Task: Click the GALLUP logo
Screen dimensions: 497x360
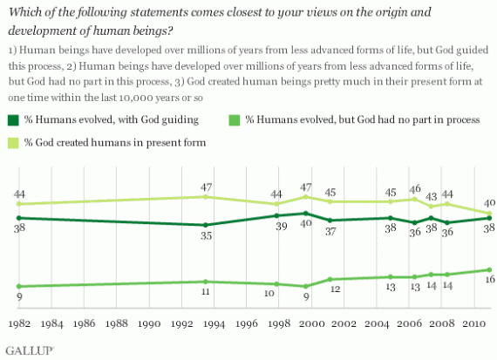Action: (x=30, y=350)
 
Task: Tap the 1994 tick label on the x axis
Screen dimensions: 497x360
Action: (x=214, y=323)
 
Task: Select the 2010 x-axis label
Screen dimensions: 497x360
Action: (x=473, y=323)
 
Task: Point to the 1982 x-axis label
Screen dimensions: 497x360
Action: (x=19, y=323)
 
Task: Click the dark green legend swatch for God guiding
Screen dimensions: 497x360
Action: (x=13, y=120)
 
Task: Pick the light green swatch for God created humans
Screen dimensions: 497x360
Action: (x=13, y=143)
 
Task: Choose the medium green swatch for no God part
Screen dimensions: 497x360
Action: (x=235, y=120)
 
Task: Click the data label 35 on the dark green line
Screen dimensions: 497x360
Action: (x=206, y=235)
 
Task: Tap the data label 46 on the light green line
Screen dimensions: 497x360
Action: (x=415, y=189)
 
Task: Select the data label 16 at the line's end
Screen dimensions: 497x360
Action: (x=490, y=279)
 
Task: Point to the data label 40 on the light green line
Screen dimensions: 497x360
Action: (x=490, y=203)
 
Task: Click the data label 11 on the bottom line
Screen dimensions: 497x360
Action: (x=206, y=291)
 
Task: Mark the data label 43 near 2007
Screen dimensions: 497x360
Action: (x=431, y=197)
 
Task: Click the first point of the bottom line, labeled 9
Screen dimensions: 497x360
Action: (x=19, y=286)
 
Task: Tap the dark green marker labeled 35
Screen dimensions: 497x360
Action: (x=206, y=225)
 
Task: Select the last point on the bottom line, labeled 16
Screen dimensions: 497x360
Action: (x=489, y=269)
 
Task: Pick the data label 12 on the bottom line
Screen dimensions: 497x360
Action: (x=335, y=289)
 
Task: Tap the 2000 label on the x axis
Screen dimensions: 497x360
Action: (x=312, y=323)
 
